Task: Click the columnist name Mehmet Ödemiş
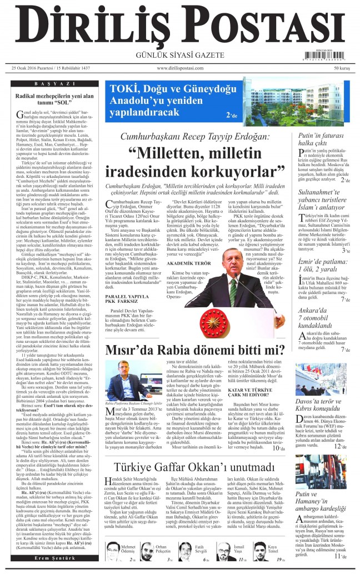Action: tap(128, 549)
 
